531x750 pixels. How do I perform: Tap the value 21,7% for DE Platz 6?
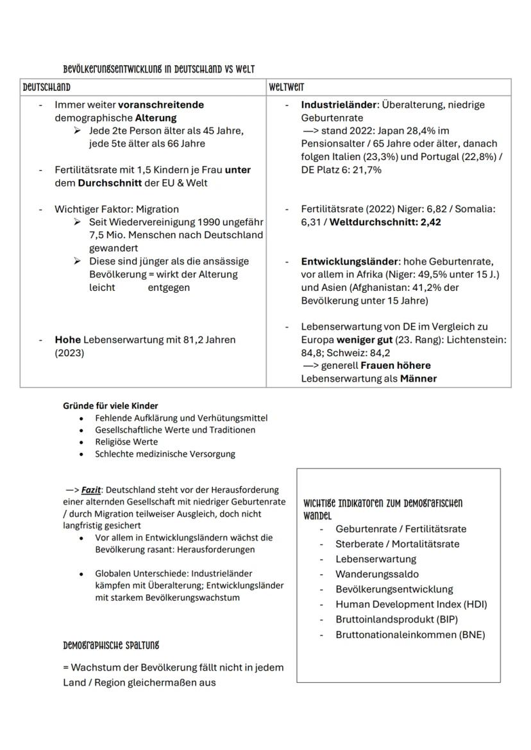click(367, 170)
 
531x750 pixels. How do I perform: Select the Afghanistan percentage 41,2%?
click(431, 288)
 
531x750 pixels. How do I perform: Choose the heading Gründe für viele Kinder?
click(110, 405)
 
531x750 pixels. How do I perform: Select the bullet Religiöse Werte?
click(126, 442)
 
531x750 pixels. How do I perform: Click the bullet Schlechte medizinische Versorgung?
click(165, 454)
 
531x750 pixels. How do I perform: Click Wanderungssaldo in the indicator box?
click(377, 575)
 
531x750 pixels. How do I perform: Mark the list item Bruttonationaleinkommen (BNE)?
click(410, 635)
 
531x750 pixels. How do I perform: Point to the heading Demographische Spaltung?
click(111, 645)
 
